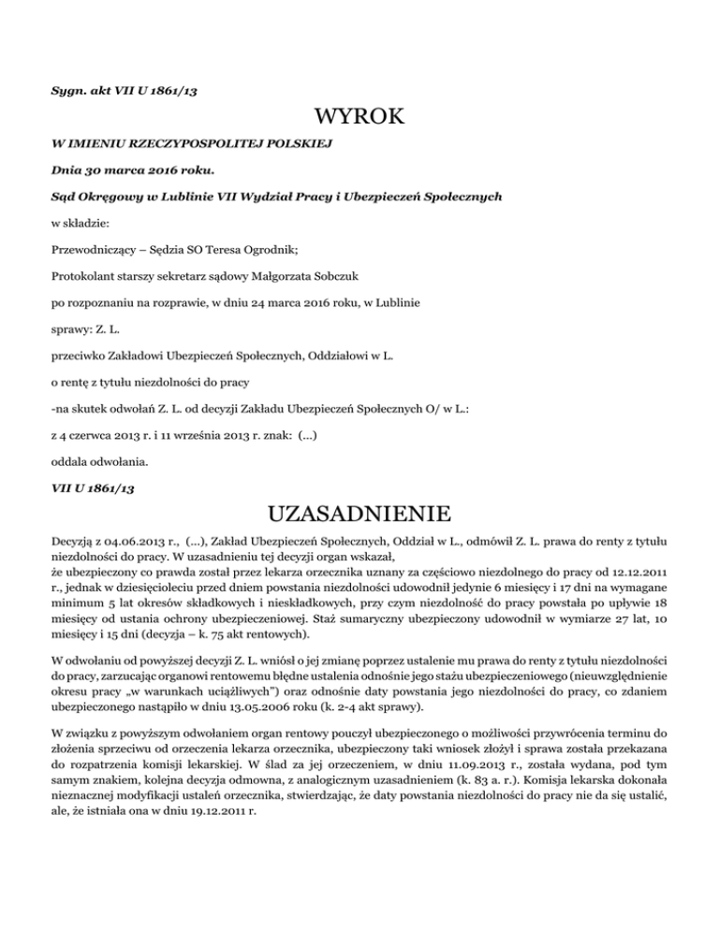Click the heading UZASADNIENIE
click(x=359, y=514)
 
